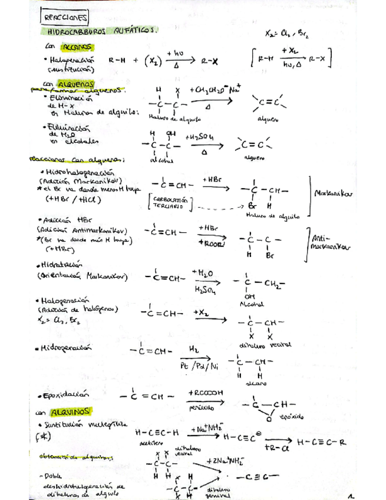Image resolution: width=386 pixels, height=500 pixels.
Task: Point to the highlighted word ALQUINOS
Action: pos(70,410)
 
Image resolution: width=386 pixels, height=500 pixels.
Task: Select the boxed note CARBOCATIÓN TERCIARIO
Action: pos(171,202)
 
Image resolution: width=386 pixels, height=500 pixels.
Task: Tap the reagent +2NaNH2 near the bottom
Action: pos(226,460)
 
